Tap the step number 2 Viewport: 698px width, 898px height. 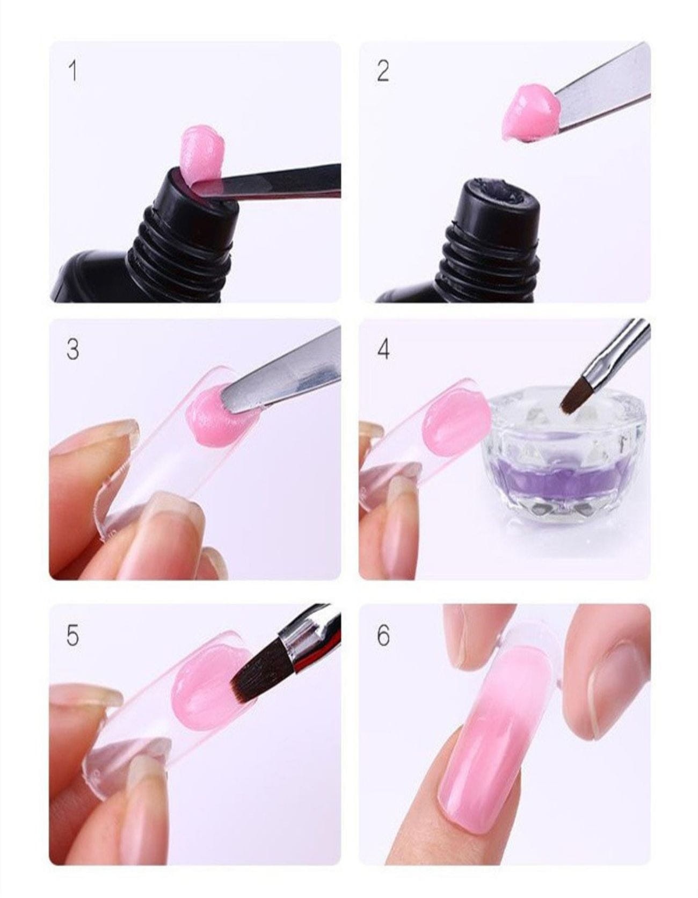pos(382,70)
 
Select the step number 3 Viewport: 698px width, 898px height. pos(72,349)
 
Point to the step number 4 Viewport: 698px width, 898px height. pos(383,349)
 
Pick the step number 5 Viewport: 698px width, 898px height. pos(72,635)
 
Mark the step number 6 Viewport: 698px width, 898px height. pos(383,635)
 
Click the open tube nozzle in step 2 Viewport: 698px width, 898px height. pos(497,200)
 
